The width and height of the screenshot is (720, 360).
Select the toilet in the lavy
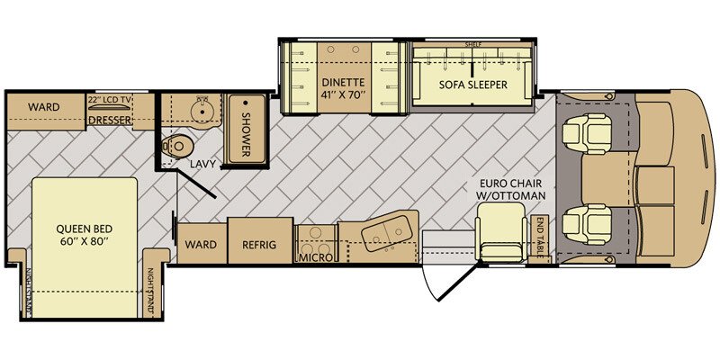coord(179,146)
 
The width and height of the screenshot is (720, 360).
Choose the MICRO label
coord(315,257)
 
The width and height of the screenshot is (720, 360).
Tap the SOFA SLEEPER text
coord(473,85)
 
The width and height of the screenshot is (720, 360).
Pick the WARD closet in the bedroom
coord(43,107)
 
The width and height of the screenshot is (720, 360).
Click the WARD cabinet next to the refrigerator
coord(200,244)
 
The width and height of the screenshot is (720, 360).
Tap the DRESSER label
coord(111,120)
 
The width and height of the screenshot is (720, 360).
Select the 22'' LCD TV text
coord(110,100)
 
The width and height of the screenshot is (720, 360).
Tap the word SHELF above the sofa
coord(473,44)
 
